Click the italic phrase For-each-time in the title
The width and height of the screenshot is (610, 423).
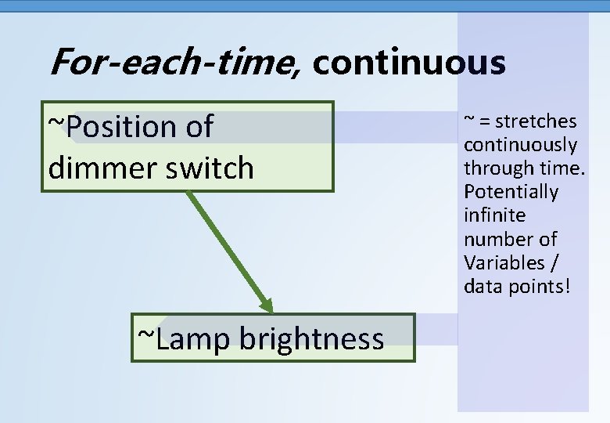point(173,63)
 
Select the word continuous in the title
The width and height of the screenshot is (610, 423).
point(409,63)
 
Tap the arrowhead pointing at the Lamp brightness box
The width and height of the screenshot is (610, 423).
point(266,305)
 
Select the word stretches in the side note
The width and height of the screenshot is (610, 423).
point(536,121)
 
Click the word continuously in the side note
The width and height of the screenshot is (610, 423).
point(520,145)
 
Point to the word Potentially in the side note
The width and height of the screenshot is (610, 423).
point(511,192)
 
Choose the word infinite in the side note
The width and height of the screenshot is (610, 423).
point(494,215)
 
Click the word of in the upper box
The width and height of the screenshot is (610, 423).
point(199,126)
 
